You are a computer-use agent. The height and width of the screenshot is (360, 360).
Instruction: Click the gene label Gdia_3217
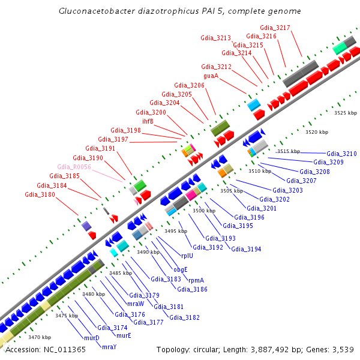tap(275, 28)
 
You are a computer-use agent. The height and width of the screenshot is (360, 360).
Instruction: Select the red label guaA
tap(211, 76)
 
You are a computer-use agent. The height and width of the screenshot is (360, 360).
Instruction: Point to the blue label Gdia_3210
tap(341, 154)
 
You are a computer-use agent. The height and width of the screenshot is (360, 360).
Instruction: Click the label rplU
tap(179, 254)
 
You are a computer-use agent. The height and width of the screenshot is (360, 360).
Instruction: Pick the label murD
tap(92, 338)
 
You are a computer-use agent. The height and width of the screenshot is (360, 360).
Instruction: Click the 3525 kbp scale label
tap(346, 113)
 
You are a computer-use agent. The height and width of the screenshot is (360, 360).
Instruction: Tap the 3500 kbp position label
tap(204, 211)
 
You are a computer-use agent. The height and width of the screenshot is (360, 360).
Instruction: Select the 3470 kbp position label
tap(40, 337)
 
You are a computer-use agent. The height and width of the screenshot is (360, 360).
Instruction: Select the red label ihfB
tap(148, 121)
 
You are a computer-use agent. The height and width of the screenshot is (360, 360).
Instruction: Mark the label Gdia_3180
tap(40, 194)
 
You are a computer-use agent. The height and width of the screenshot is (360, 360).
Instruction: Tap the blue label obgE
tap(181, 269)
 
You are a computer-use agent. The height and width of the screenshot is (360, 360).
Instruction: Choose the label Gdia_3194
tap(246, 249)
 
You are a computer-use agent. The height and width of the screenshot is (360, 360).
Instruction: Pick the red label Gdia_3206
tap(190, 85)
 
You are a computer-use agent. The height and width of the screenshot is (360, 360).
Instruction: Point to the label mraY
tap(109, 347)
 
